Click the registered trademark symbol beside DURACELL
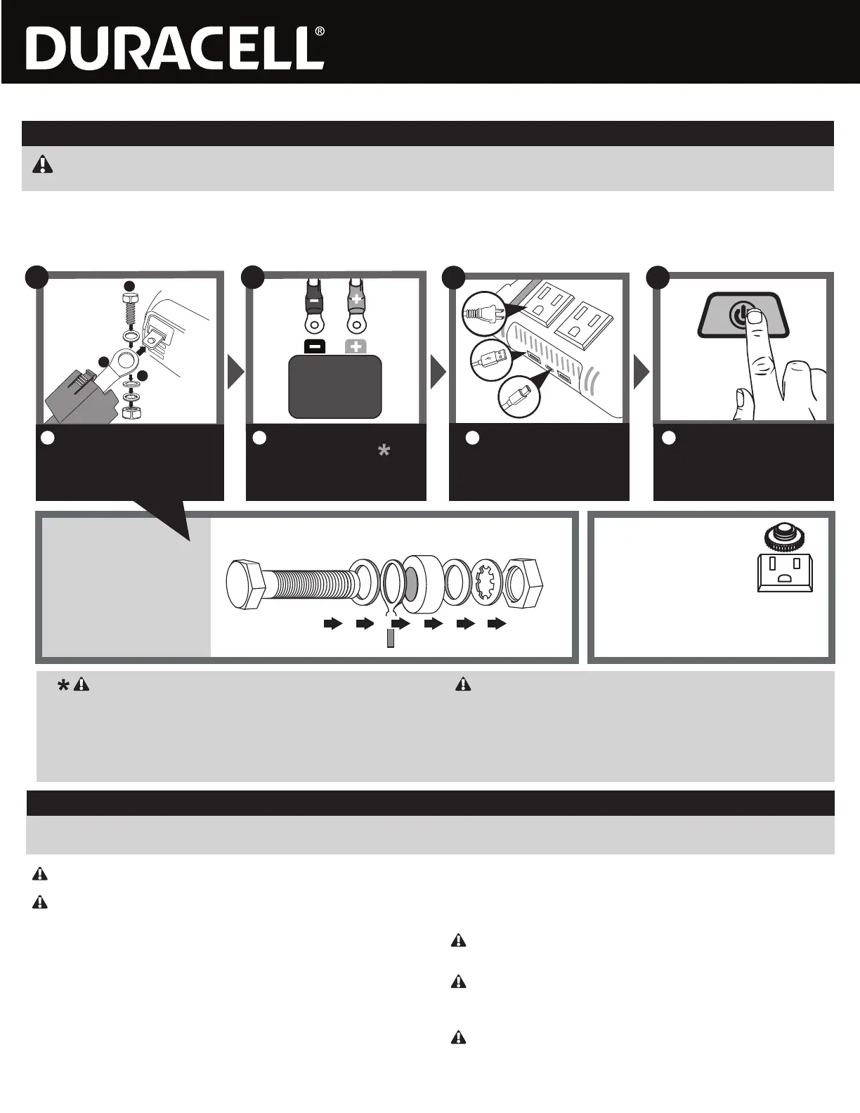pyautogui.click(x=320, y=32)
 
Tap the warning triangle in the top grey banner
pyautogui.click(x=43, y=164)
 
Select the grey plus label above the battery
pyautogui.click(x=356, y=346)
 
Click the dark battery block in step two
pyautogui.click(x=335, y=386)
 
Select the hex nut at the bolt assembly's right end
pyautogui.click(x=526, y=585)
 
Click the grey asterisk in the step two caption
pyautogui.click(x=384, y=452)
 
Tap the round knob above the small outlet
pyautogui.click(x=783, y=535)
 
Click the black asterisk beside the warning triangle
pyautogui.click(x=63, y=685)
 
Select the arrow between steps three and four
pyautogui.click(x=641, y=372)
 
